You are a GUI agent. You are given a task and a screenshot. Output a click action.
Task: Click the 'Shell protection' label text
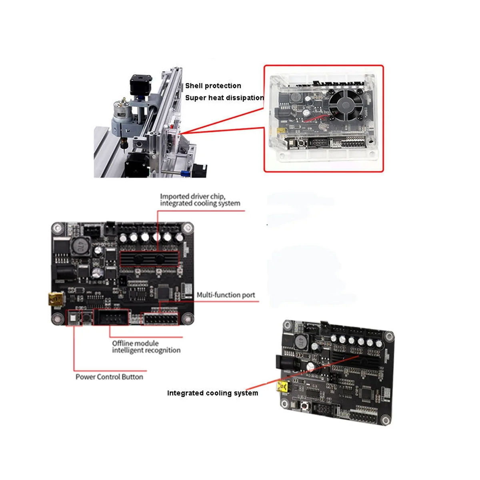point(213,86)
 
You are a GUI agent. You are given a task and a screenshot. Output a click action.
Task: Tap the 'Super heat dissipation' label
point(224,98)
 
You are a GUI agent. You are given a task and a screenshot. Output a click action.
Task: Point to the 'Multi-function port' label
point(226,295)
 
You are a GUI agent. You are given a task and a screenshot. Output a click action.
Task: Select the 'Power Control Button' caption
point(109,377)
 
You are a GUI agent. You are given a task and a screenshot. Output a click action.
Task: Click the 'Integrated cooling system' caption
point(212,393)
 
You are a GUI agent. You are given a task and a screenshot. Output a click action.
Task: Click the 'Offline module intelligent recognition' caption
point(146,347)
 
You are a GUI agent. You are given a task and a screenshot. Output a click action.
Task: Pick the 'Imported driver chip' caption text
point(192,196)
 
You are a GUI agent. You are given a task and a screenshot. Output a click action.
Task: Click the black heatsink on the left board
point(150,259)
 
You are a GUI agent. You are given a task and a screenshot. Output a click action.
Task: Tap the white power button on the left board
point(73,318)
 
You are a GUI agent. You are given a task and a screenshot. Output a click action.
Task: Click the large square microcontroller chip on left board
point(163,292)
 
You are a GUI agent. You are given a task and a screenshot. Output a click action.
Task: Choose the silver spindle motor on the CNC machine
point(120,110)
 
